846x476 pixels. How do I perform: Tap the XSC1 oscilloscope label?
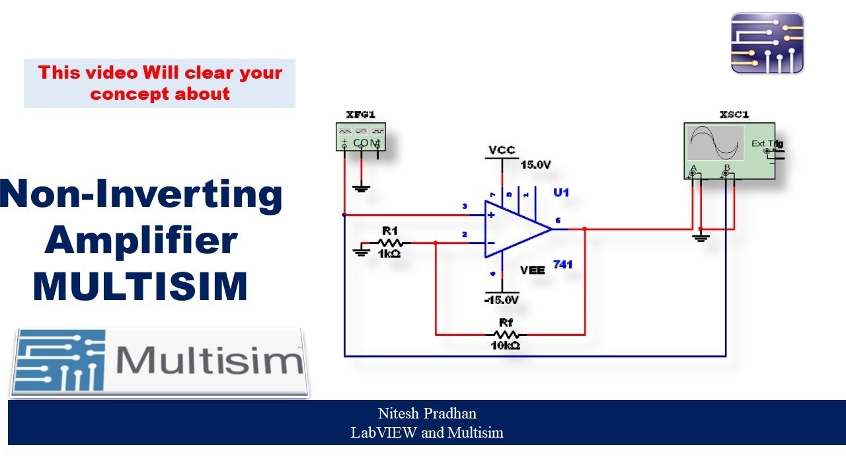click(733, 114)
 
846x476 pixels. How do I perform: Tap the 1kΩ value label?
click(389, 254)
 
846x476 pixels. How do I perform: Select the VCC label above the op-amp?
click(502, 150)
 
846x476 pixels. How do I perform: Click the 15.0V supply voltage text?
click(535, 165)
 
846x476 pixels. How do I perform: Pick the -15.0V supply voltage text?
click(501, 300)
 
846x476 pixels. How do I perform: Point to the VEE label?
click(533, 270)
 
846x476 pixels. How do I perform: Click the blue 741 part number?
click(562, 264)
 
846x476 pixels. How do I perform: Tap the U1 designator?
click(561, 193)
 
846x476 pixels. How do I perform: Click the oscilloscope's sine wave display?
click(716, 143)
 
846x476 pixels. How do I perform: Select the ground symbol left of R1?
click(361, 251)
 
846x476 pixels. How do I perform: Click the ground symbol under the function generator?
click(361, 188)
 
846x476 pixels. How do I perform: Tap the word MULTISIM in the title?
click(140, 286)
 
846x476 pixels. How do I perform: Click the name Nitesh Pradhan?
click(427, 414)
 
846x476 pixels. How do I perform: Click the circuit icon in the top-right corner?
click(767, 43)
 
